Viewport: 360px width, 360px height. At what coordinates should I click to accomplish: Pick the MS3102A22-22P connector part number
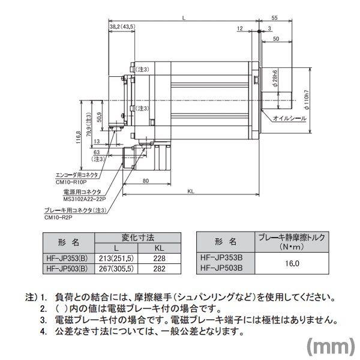pos(85,199)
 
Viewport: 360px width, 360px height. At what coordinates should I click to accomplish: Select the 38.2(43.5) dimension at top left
pos(122,26)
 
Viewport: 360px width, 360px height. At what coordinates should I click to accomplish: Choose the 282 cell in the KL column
pos(159,269)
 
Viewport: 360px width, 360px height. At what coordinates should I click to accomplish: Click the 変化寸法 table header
pos(139,237)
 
